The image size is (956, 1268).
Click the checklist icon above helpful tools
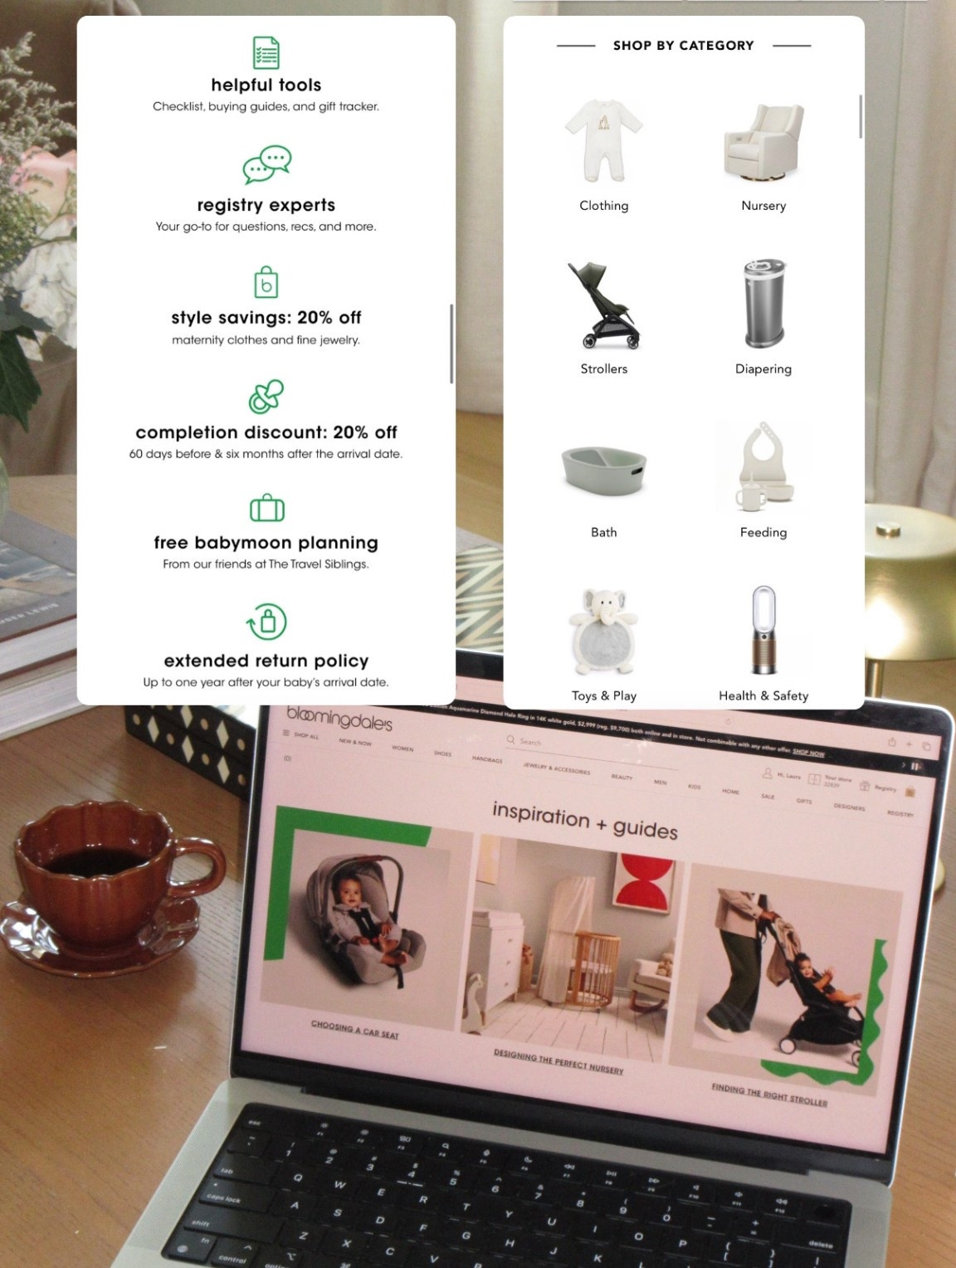[266, 53]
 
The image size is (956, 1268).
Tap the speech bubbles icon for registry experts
[266, 165]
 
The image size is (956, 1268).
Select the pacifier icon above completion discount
[266, 397]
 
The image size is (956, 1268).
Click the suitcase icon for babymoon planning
[266, 508]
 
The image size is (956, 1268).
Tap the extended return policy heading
[266, 661]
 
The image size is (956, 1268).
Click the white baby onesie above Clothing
[603, 139]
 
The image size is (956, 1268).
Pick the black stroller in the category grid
[603, 305]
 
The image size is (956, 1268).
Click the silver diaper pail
[763, 304]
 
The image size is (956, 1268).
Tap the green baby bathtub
[603, 470]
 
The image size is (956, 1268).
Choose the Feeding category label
[763, 532]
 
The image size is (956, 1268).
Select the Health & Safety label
[763, 695]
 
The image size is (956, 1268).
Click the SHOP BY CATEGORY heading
[683, 46]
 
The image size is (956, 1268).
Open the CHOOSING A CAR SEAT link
[354, 1029]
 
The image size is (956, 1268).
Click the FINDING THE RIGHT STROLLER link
[768, 1095]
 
